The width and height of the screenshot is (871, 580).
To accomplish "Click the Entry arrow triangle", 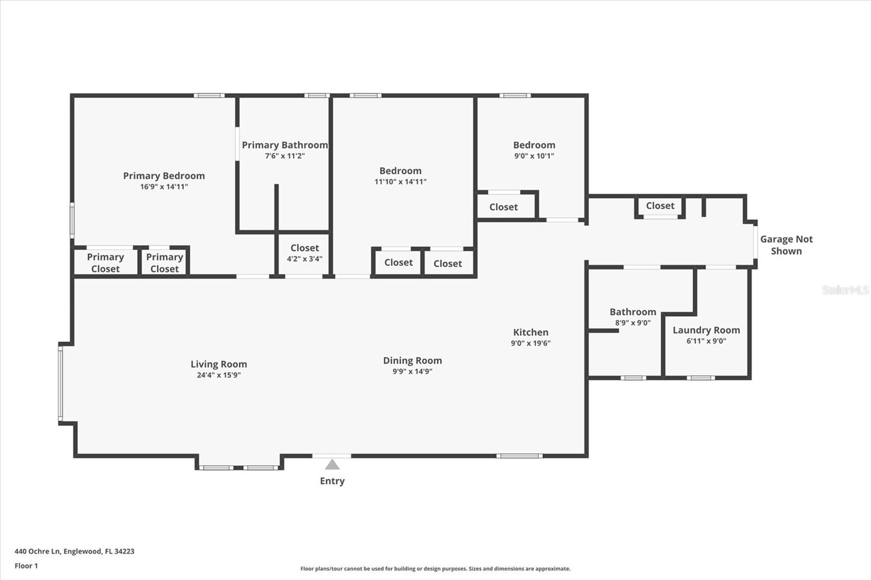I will click(x=332, y=465).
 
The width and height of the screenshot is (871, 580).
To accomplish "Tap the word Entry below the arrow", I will click(x=332, y=481).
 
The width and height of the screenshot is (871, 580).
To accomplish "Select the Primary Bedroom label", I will click(x=164, y=176).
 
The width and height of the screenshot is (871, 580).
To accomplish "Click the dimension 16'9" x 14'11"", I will click(x=164, y=187).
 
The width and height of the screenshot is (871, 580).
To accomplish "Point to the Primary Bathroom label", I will click(x=285, y=145).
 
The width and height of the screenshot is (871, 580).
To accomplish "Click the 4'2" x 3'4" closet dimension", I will click(x=304, y=259).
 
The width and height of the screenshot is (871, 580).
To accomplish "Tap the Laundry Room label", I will click(x=706, y=330).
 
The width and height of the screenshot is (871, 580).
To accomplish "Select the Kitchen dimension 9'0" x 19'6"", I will click(x=530, y=343).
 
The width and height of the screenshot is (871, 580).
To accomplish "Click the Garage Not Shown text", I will click(x=786, y=245).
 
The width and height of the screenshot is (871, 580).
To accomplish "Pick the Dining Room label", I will click(x=412, y=361).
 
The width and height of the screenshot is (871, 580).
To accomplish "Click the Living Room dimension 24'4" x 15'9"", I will click(x=218, y=375).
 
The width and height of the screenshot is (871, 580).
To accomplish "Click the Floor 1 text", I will click(x=26, y=566).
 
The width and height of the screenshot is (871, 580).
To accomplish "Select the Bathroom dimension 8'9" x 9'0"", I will click(x=633, y=323).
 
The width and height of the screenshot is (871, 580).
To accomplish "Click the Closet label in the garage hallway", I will click(x=660, y=206).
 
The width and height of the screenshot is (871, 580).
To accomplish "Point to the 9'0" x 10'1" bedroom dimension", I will click(x=534, y=156).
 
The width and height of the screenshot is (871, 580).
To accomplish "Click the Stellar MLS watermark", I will click(x=845, y=290).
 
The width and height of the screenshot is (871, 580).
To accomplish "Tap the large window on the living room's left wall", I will click(x=60, y=384).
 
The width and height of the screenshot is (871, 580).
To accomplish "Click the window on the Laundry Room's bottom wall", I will click(x=701, y=378).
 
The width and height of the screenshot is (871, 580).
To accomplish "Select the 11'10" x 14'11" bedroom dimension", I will click(x=400, y=182).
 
